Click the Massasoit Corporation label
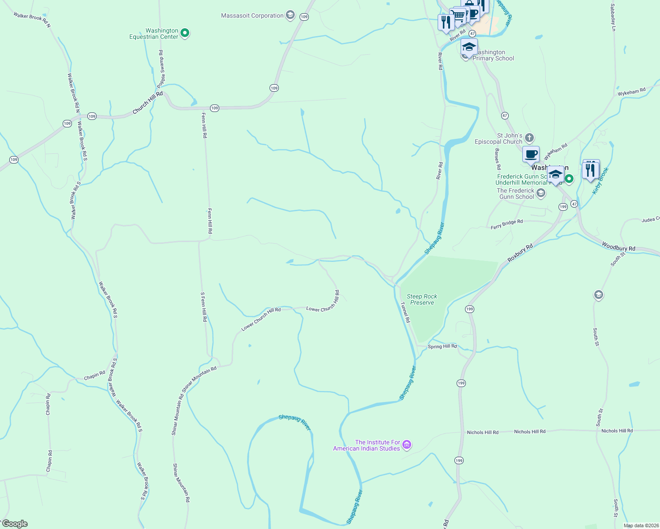point(252,16)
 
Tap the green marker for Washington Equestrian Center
point(185,33)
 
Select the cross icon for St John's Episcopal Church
point(529,138)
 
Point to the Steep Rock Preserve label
point(422,299)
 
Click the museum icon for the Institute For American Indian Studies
point(407,445)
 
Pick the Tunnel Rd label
point(405,312)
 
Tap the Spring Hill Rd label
point(442,346)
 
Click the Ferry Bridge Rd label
point(506,224)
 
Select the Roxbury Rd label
point(520,253)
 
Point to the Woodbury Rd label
point(619,247)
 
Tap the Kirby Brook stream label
point(600,181)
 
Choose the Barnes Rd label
point(498,159)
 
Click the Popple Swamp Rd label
point(162,69)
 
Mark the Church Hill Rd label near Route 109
point(148,103)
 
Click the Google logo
point(15,524)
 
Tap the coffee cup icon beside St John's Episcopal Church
point(531,155)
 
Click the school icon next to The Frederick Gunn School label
point(541,193)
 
